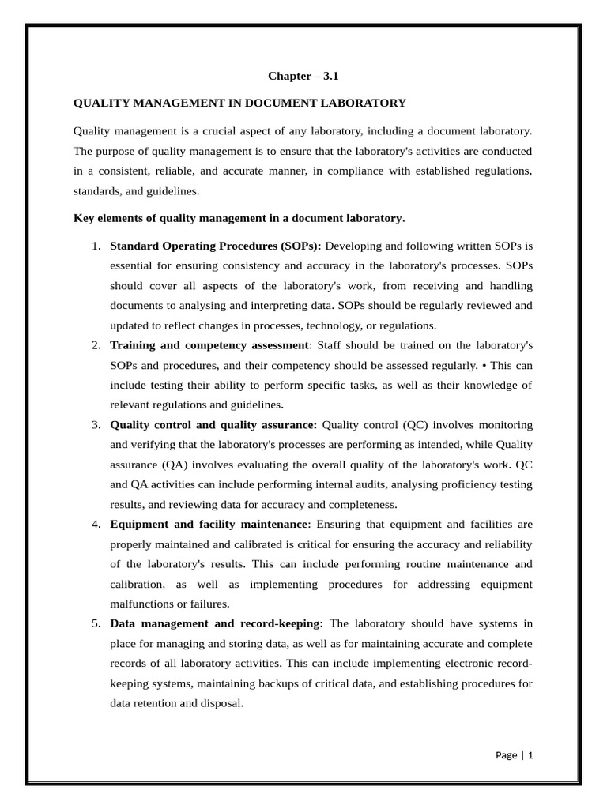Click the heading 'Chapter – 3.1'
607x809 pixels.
[x=303, y=77]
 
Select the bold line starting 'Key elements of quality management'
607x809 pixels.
[x=238, y=217]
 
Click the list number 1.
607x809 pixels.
[x=96, y=246]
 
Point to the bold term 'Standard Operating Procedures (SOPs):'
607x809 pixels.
[x=216, y=246]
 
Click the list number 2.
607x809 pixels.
[x=96, y=345]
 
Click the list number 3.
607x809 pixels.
[x=96, y=425]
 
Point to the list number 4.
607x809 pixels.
[x=96, y=524]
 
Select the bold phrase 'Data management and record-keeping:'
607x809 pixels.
[x=217, y=623]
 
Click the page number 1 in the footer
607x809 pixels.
[x=530, y=755]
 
